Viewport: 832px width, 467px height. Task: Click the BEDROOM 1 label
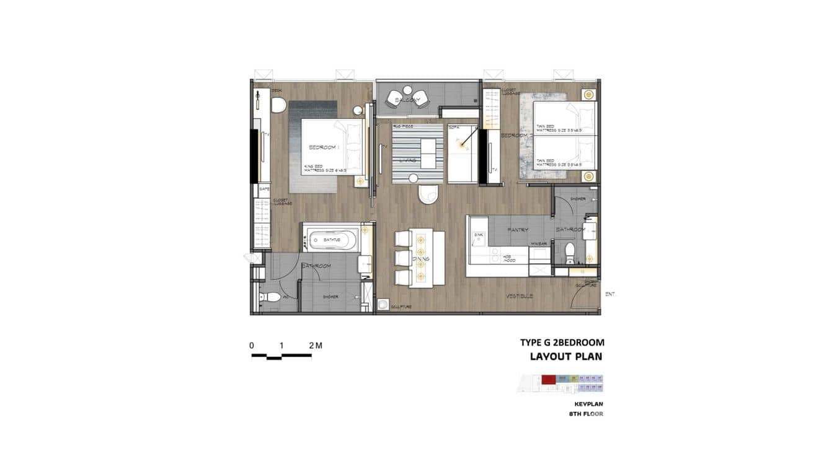tap(322, 147)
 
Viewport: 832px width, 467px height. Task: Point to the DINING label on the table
tap(420, 259)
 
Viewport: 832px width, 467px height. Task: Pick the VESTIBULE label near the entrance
tap(519, 296)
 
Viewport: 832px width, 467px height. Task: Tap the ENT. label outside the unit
tap(610, 294)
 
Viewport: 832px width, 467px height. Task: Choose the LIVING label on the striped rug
tap(408, 160)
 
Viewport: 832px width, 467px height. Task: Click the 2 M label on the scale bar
tap(314, 346)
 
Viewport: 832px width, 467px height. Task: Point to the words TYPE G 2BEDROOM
tap(562, 343)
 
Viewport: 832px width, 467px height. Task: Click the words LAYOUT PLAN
tap(565, 357)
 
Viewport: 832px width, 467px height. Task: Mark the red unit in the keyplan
tap(548, 379)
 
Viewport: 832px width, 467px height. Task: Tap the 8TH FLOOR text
tap(585, 414)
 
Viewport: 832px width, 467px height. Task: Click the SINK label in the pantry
tap(477, 236)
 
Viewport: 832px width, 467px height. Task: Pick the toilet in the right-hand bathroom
tap(570, 251)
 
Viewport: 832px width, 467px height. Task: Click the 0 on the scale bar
tap(252, 346)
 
